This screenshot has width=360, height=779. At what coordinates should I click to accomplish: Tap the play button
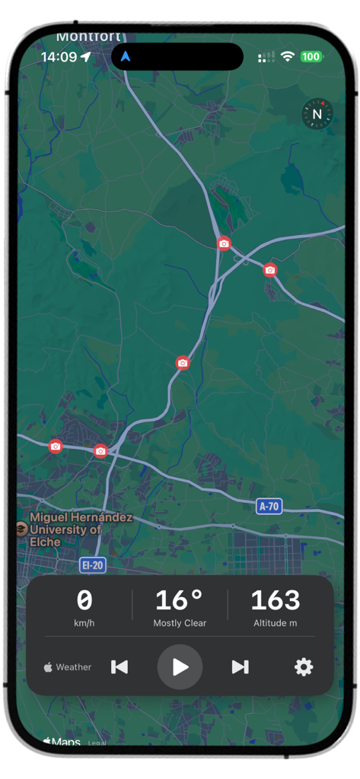(x=180, y=667)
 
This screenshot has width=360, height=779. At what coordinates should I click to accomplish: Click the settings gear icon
(x=304, y=667)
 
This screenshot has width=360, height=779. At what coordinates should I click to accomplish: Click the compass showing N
(x=317, y=114)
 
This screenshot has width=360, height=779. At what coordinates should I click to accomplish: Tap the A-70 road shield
(x=269, y=506)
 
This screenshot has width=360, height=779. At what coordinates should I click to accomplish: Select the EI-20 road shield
(x=92, y=564)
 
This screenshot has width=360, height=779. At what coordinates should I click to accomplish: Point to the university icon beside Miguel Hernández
(x=21, y=529)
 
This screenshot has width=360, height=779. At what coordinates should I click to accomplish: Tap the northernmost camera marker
(x=224, y=243)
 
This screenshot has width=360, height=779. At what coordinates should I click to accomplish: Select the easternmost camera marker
(x=270, y=270)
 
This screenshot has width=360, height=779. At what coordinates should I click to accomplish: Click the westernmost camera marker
(x=56, y=447)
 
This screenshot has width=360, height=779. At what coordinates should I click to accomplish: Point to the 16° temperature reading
(x=180, y=600)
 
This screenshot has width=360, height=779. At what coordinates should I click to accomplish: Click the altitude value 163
(x=275, y=600)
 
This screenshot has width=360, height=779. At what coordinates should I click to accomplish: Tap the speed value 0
(x=84, y=600)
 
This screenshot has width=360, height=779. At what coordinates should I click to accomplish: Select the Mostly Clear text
(x=180, y=623)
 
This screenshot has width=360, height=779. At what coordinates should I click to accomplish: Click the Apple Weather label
(x=68, y=667)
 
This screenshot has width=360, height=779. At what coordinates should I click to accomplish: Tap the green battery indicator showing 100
(x=311, y=56)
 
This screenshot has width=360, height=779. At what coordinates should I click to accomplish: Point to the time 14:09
(x=59, y=57)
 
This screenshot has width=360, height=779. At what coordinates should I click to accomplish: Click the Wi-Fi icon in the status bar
(x=287, y=56)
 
